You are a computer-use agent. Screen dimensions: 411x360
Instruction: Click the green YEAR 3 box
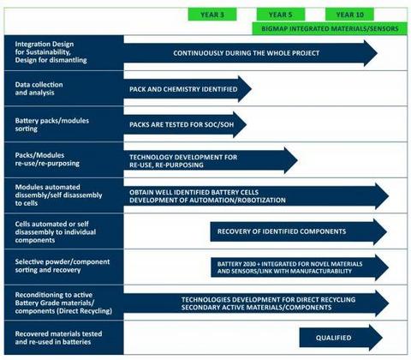point(212,15)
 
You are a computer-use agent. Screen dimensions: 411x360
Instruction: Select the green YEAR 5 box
point(281,15)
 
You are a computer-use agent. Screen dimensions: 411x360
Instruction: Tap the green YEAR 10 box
point(349,15)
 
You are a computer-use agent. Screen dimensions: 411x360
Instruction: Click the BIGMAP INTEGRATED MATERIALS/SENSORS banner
point(330,28)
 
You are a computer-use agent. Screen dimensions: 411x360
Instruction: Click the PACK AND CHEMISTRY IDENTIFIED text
point(183,89)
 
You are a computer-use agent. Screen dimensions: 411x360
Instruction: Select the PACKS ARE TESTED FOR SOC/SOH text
point(182,124)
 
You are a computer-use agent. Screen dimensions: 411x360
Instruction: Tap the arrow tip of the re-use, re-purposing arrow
point(298,160)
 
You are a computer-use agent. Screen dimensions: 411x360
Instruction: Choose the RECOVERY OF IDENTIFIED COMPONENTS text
point(282,231)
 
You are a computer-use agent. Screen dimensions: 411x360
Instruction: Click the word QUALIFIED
point(333,338)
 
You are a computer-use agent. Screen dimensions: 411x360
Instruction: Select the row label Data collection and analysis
point(39,88)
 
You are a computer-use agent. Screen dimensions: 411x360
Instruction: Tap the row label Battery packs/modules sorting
point(52,124)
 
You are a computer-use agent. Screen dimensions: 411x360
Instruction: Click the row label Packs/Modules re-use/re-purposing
point(47,159)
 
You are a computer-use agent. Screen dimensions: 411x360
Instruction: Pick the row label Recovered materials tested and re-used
point(58,338)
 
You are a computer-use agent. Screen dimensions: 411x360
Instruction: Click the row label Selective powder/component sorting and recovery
point(63,266)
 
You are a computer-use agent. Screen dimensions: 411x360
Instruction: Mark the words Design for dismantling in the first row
point(51,60)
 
